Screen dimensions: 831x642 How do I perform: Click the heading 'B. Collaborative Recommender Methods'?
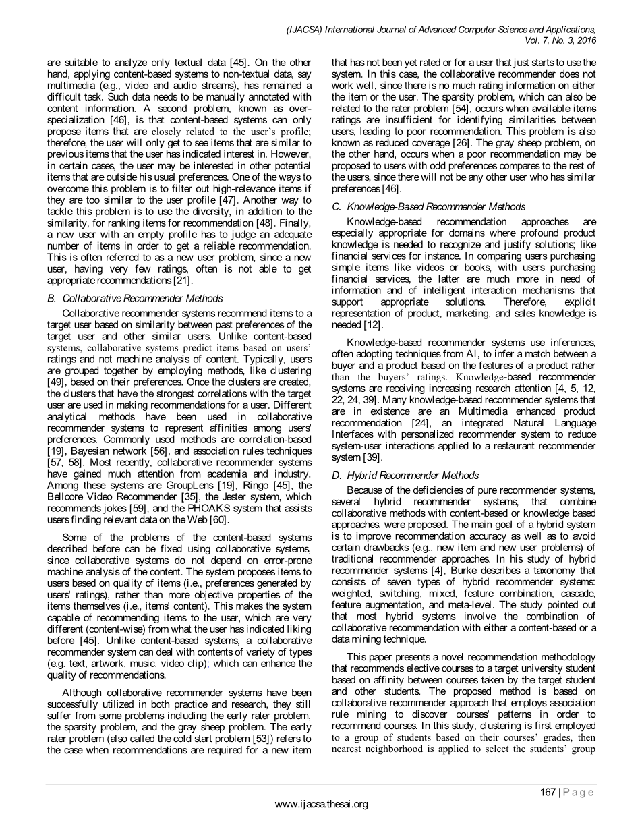[x=135, y=298]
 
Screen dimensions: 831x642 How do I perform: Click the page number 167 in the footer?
[x=547, y=792]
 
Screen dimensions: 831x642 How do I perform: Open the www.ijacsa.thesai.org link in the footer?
[x=322, y=804]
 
